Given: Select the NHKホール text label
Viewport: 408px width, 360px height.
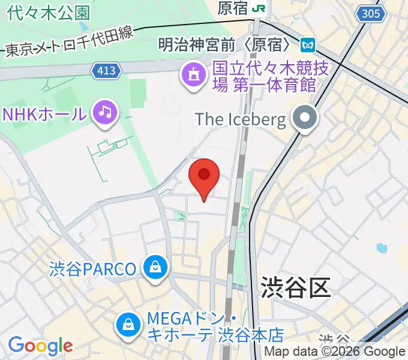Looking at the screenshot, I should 44,113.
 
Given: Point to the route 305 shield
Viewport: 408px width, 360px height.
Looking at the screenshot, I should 370,13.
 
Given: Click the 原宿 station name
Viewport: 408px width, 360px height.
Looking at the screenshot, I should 233,8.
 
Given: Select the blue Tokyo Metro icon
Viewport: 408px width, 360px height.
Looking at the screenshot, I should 308,44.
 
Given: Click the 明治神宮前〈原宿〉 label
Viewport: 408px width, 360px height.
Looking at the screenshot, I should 227,44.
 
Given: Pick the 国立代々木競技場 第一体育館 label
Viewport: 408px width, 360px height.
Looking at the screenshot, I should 264,76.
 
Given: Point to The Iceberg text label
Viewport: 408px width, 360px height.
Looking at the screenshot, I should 241,119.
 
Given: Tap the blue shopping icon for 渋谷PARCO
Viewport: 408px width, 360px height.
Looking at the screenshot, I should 155,266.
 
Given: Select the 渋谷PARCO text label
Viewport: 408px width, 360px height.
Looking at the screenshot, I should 93,268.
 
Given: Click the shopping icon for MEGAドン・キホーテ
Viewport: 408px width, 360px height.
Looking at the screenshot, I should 128,325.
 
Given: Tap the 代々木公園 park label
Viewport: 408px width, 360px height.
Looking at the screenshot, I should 50,12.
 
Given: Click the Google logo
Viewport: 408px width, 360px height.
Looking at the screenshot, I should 40,346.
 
